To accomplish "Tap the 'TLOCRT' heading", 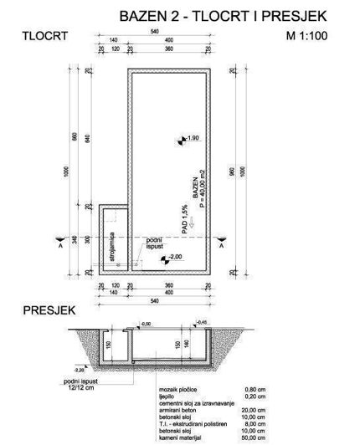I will pos(44,36).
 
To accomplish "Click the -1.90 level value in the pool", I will pos(192,137).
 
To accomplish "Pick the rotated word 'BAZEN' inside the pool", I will pos(194,187).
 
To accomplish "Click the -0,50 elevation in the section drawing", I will pos(144,322).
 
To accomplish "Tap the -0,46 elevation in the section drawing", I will pos(201,321).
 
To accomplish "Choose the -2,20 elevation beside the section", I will pos(79,367).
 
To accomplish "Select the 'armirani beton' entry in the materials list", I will pos(176,410).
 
